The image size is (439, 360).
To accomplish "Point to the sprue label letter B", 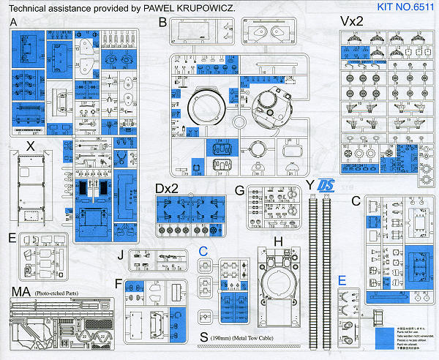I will [x=162, y=23].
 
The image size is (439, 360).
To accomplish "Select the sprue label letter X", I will [x=30, y=146].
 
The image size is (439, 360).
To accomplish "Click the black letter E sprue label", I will [x=12, y=237].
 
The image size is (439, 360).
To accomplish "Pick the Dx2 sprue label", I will [x=168, y=189].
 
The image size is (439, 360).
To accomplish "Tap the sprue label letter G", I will [x=239, y=190].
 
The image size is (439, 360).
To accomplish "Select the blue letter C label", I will [x=204, y=252].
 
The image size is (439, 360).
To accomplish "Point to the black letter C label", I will [x=356, y=201].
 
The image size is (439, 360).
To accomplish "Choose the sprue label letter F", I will [x=119, y=282].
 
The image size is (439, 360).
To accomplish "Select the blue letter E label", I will [x=342, y=279].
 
